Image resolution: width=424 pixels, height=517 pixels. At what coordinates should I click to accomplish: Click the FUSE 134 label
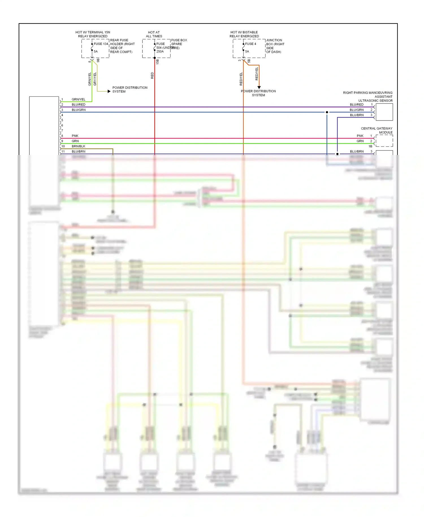click(x=101, y=44)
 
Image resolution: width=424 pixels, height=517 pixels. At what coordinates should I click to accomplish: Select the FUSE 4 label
click(x=250, y=44)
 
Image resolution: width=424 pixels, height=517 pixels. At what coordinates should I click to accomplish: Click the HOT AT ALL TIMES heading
click(x=154, y=34)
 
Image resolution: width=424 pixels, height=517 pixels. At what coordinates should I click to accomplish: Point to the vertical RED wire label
click(x=152, y=75)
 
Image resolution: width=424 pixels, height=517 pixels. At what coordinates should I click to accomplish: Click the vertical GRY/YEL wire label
click(x=95, y=79)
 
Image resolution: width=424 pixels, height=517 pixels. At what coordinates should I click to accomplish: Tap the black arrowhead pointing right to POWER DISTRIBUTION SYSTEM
click(x=109, y=91)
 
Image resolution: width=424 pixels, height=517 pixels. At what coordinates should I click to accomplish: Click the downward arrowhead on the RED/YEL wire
click(x=259, y=87)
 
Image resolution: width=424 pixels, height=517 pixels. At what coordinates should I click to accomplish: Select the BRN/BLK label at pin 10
click(x=78, y=146)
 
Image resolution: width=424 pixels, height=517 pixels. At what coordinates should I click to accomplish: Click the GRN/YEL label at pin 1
click(x=78, y=99)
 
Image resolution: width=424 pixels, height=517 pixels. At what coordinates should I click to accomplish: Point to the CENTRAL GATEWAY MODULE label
click(x=377, y=130)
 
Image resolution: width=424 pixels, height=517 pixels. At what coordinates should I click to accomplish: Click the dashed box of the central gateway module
click(x=384, y=141)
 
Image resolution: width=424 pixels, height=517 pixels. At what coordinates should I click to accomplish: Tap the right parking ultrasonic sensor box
click(x=384, y=112)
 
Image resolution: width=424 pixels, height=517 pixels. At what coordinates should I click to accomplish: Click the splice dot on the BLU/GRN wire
click(x=327, y=112)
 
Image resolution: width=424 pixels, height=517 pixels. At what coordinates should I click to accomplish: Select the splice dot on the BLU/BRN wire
click(x=337, y=154)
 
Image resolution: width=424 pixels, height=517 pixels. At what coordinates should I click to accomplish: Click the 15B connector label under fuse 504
click(x=158, y=62)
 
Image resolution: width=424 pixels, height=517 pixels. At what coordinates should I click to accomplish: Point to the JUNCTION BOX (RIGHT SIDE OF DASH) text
click(x=275, y=46)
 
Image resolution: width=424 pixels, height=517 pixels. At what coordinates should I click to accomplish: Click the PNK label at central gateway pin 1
click(x=360, y=136)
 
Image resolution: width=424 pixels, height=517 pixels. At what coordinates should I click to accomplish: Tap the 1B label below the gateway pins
click(x=370, y=146)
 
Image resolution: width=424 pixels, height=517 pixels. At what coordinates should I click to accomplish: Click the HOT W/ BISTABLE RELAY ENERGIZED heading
click(x=244, y=34)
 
